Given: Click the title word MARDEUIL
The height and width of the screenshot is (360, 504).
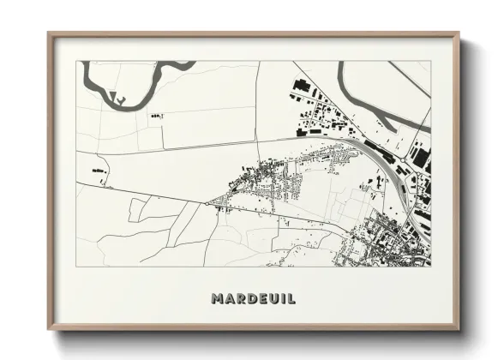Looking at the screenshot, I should click(x=253, y=298).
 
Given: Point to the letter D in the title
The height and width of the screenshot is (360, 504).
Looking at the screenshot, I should click(x=249, y=298).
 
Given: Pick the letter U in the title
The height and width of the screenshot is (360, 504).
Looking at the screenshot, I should click(x=272, y=298).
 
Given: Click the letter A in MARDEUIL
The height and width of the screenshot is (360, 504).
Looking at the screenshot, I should click(x=228, y=298).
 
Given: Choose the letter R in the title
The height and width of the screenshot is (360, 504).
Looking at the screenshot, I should click(x=239, y=298).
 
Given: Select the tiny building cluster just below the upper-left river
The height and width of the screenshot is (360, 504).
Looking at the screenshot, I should click(x=155, y=115).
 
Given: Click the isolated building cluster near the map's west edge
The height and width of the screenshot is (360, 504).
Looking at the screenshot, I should click(x=98, y=172).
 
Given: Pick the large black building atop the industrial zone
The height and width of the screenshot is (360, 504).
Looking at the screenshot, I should click(x=301, y=85).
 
